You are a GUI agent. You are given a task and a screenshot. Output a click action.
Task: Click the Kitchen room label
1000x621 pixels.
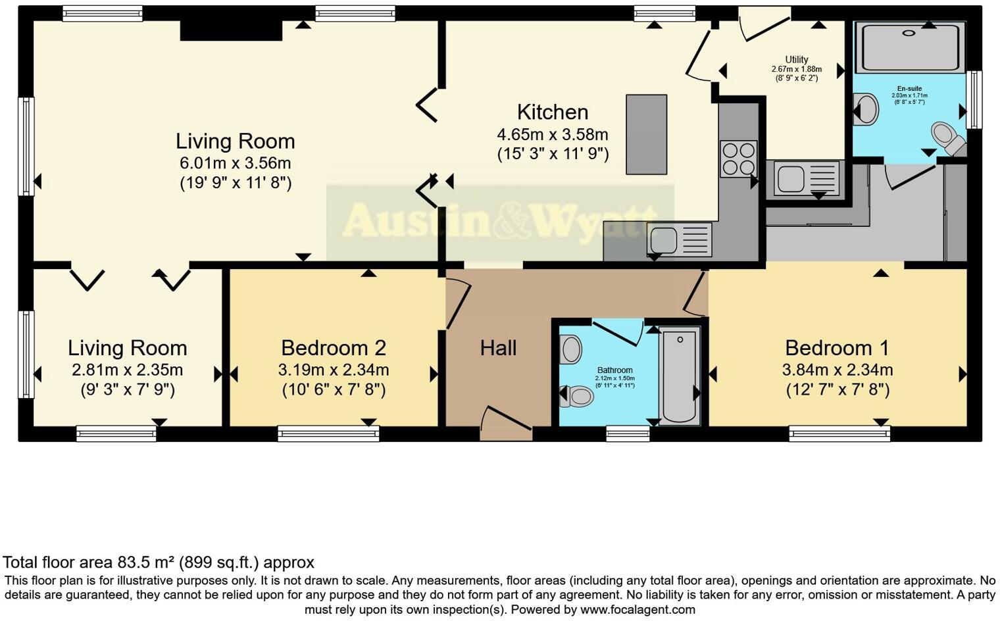coord(552,112)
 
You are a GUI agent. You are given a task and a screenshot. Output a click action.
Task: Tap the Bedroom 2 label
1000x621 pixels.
coord(333,347)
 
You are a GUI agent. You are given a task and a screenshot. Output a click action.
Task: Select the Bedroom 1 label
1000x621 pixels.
coord(837,347)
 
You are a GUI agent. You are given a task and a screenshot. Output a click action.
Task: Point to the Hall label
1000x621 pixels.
coord(498,348)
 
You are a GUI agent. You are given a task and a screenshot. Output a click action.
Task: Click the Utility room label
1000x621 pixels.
coord(796,59)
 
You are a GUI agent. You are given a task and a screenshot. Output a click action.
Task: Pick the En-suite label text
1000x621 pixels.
coord(909,89)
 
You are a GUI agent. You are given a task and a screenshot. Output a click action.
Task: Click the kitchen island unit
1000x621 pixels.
coord(646,134)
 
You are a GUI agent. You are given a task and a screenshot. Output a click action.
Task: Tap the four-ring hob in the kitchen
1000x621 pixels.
coord(738,159)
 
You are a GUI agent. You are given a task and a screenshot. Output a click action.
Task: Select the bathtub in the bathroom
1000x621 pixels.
coord(680,377)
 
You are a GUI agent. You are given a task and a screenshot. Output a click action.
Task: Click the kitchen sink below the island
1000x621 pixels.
coord(680,239)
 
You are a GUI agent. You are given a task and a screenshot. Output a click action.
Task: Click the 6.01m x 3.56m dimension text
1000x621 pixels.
coord(236,163)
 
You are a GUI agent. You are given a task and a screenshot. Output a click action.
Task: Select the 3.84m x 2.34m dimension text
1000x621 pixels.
coord(837,370)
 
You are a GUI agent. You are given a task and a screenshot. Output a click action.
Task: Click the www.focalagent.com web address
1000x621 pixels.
coord(637,609)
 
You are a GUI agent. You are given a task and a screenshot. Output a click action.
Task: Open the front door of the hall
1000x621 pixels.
coord(505,423)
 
